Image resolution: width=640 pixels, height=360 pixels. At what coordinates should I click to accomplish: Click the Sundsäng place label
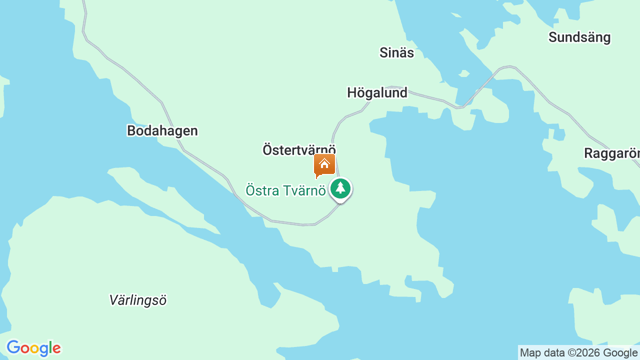click(x=579, y=37)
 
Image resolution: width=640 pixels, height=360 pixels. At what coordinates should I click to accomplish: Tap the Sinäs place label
click(x=396, y=52)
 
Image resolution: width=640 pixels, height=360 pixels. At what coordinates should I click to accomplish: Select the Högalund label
click(x=377, y=93)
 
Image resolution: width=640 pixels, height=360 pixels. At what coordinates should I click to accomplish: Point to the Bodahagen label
click(x=162, y=131)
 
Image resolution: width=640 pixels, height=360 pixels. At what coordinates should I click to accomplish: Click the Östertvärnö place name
click(x=299, y=150)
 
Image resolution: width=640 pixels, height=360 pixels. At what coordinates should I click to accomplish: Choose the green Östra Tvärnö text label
click(x=285, y=190)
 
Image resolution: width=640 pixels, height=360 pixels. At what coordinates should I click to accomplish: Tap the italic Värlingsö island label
click(x=137, y=300)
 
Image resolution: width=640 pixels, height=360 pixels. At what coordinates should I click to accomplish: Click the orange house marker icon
click(x=324, y=165)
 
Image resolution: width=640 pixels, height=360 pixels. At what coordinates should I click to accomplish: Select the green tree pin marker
click(x=340, y=189)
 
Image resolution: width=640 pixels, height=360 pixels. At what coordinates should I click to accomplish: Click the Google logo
click(x=33, y=348)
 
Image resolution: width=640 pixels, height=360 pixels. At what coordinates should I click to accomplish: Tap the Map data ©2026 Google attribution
click(x=578, y=353)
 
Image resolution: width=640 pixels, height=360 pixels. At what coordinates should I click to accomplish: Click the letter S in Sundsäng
click(x=553, y=37)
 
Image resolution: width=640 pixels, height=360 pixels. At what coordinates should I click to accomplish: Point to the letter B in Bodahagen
click(x=131, y=131)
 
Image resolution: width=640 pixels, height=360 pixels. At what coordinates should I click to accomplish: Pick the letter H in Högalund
click(x=352, y=93)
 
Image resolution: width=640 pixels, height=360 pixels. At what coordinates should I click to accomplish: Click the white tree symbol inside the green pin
click(x=340, y=188)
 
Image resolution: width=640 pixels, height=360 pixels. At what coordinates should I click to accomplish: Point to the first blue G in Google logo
click(x=13, y=348)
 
